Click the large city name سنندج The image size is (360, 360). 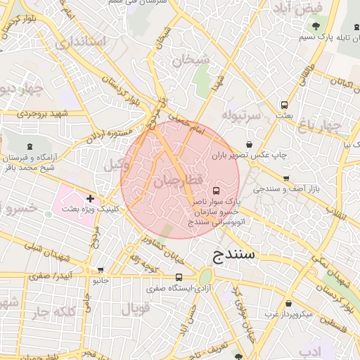click(x=231, y=254)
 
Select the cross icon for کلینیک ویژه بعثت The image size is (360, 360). click(x=90, y=199)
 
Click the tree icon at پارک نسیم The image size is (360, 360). click(x=315, y=26)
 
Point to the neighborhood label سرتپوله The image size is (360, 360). click(x=241, y=113)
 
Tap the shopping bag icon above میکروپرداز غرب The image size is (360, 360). click(x=288, y=304)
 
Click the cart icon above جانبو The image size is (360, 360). click(x=101, y=270)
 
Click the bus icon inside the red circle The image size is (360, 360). click(x=216, y=191)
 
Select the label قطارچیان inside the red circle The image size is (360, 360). click(x=178, y=181)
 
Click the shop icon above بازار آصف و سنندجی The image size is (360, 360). click(x=285, y=179)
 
